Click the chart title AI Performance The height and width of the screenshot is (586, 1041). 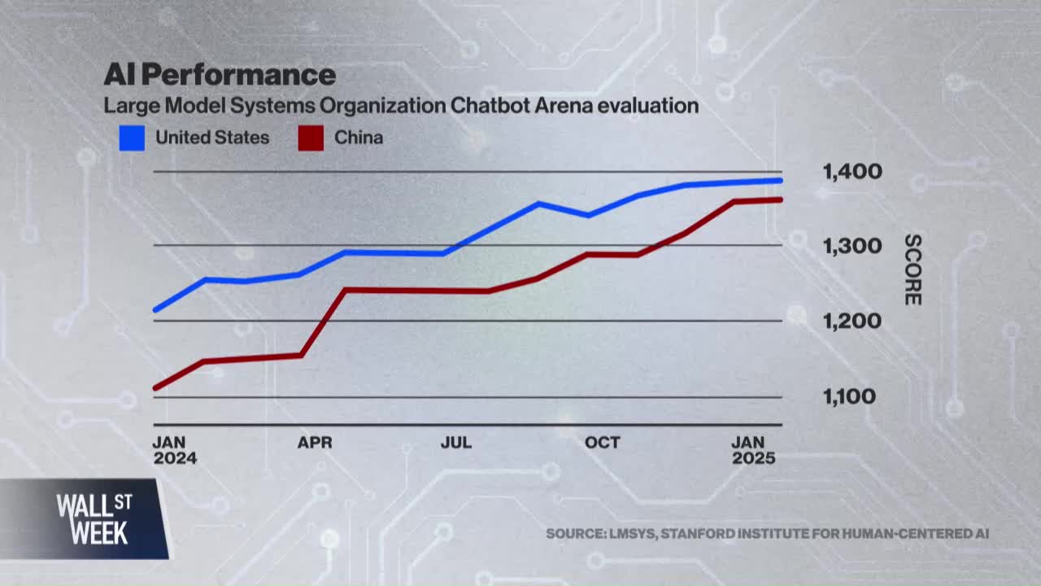tap(219, 75)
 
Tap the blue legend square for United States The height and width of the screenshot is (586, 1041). tap(132, 138)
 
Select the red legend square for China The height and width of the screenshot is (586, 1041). tap(311, 138)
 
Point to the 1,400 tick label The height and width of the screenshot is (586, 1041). tap(852, 172)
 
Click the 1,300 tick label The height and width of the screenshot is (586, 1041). tap(852, 246)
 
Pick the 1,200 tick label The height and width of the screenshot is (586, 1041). tap(852, 321)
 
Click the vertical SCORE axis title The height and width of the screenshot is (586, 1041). tap(913, 270)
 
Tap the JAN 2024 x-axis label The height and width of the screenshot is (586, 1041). tap(175, 450)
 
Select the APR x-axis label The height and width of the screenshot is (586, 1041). tap(315, 443)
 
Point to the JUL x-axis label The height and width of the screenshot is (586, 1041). tap(456, 443)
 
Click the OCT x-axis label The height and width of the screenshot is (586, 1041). tap(603, 443)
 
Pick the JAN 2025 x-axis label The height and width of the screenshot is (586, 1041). tap(754, 450)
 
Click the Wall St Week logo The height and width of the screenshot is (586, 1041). tap(93, 518)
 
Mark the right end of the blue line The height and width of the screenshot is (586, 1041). tap(781, 180)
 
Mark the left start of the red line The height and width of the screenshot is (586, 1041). tap(155, 387)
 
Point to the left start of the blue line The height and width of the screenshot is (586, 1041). tap(155, 310)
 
